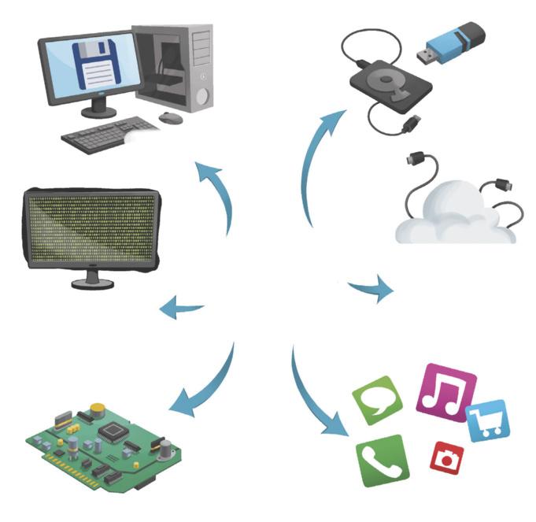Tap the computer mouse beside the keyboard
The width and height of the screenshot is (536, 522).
tap(169, 118)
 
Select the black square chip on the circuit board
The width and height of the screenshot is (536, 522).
tap(114, 431)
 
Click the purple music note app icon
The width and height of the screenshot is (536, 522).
tap(446, 387)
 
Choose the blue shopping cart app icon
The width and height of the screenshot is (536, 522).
tap(488, 420)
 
